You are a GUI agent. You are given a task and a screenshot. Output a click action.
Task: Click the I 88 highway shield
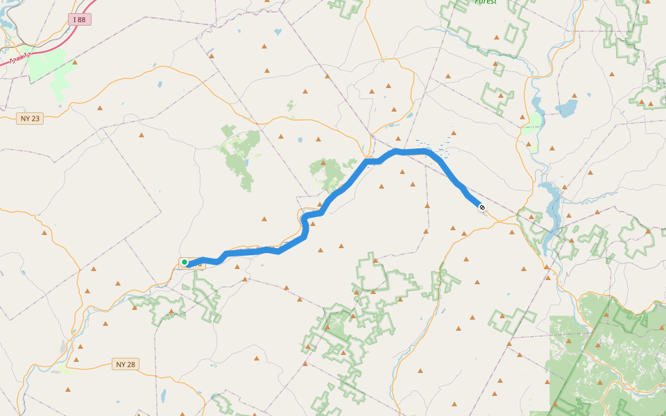tap(80, 19)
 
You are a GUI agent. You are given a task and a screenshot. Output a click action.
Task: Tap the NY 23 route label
tap(30, 119)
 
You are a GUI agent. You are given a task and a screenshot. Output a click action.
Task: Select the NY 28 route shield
tap(124, 364)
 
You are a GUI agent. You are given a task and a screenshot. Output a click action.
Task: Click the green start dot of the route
tap(185, 262)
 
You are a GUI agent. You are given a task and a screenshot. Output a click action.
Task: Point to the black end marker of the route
tap(481, 207)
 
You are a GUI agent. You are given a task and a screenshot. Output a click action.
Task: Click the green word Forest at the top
tap(486, 2)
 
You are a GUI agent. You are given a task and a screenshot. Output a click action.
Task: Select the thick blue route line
tap(347, 184)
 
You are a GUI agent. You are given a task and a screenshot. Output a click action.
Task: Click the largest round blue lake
tap(566, 108)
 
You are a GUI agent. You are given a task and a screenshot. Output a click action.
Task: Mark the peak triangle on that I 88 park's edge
tap(75, 62)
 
